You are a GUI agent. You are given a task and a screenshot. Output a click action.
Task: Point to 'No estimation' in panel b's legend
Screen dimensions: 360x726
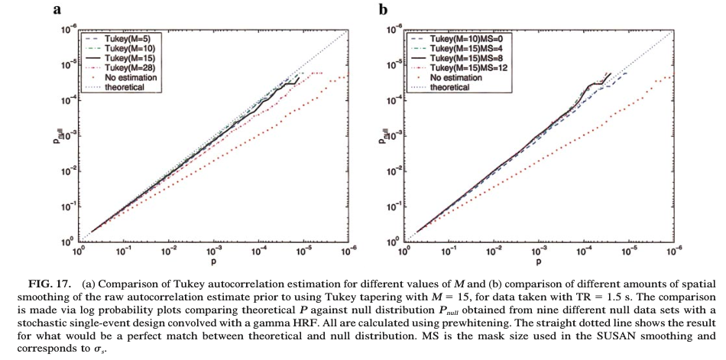click(456, 77)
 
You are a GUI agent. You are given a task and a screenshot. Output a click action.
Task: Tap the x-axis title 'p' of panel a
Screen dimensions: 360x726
click(213, 262)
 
